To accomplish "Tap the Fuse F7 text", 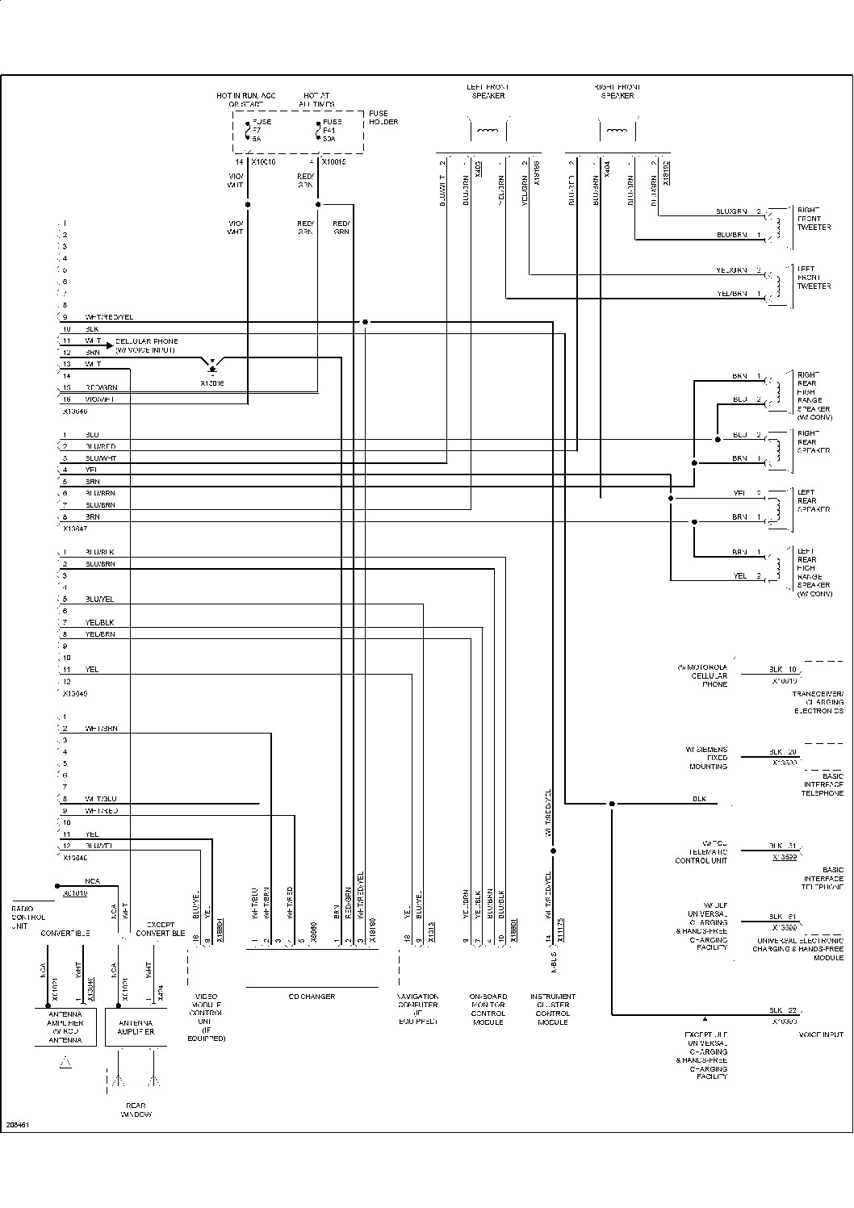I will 262,130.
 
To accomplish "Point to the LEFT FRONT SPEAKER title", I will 488,91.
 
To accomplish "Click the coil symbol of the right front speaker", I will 617,131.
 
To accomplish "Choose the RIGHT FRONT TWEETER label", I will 814,219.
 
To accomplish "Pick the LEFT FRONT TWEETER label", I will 814,278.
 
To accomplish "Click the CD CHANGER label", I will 312,997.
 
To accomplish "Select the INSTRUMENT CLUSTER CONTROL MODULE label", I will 553,1009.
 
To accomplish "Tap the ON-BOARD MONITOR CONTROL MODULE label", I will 488,1009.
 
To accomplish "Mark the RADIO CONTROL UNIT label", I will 28,917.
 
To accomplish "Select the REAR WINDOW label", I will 136,1110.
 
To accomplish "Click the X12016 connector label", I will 212,383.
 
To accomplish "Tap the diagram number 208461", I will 18,1124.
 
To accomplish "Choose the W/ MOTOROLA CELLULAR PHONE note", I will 702,675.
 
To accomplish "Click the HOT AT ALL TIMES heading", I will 316,100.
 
